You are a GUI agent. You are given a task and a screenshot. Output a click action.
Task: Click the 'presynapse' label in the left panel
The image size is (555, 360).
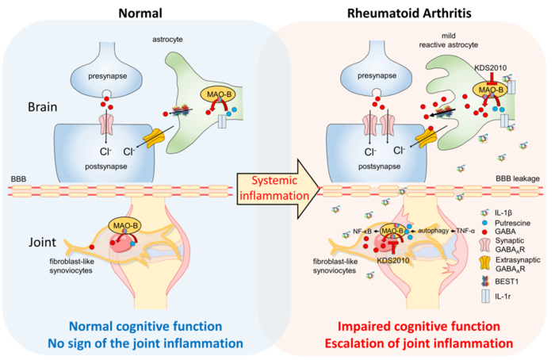pos(109,76)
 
